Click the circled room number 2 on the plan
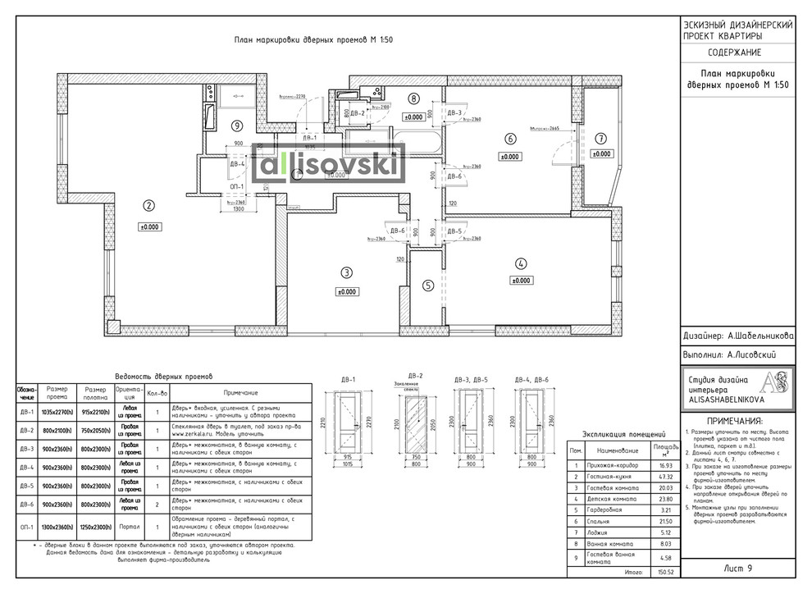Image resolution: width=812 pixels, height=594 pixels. point(148,206)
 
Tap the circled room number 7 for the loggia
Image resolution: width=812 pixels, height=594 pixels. point(601,138)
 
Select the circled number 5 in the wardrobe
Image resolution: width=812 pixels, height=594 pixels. point(428,286)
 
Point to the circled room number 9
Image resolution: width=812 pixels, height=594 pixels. point(236,126)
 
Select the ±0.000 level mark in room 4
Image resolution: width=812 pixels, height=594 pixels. point(520,281)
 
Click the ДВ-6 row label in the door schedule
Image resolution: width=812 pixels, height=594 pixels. point(25,502)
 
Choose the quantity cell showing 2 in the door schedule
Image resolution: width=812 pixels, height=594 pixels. point(157,502)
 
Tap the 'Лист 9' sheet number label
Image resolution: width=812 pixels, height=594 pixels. point(739,568)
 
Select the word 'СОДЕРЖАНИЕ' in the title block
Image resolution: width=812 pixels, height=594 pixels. point(737,53)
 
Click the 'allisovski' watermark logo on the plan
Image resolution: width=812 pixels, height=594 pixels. point(331,167)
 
